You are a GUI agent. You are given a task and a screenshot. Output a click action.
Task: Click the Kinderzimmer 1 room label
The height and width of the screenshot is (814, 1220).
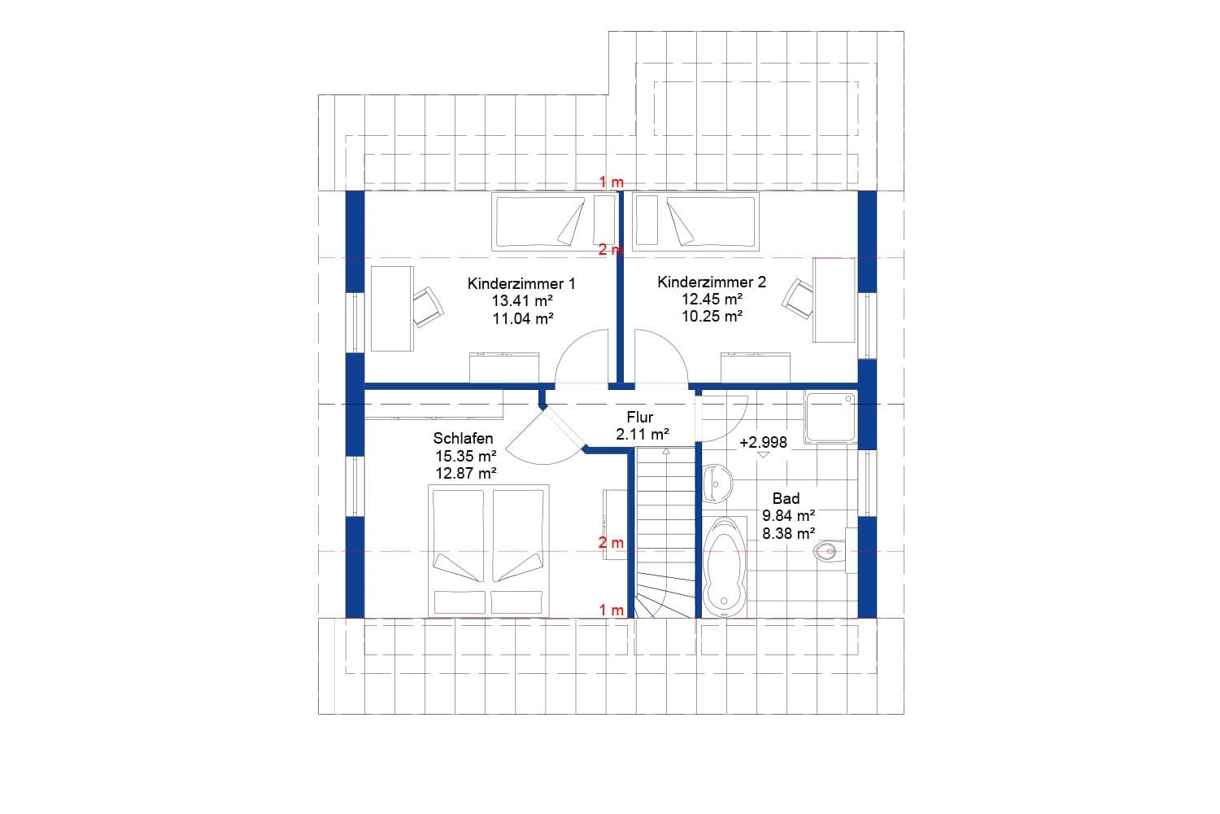tap(521, 283)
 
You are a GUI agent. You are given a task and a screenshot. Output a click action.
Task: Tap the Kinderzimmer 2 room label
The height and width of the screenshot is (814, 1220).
tap(712, 282)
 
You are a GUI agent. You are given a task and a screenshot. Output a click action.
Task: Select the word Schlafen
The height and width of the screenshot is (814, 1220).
tap(463, 438)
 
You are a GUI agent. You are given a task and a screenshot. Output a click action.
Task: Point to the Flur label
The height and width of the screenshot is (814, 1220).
tap(640, 418)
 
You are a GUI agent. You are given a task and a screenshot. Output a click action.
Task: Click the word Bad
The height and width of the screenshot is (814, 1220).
tap(786, 498)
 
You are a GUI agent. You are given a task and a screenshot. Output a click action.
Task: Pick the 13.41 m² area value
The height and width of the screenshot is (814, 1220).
tap(521, 300)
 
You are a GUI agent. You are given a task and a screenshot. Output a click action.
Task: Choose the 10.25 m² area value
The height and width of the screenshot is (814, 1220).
tap(712, 317)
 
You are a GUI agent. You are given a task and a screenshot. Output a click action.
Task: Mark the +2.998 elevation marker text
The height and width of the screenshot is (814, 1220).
tap(763, 443)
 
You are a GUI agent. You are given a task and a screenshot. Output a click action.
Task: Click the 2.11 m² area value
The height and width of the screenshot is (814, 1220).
tap(642, 434)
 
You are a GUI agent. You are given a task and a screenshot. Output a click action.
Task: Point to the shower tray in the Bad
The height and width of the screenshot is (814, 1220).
tap(830, 417)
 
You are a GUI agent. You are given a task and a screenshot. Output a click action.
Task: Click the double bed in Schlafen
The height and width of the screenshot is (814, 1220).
tap(488, 550)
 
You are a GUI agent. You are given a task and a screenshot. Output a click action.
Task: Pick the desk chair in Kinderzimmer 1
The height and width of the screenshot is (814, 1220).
tap(427, 306)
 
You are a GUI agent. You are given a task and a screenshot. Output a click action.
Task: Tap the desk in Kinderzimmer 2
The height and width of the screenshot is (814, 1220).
tap(834, 300)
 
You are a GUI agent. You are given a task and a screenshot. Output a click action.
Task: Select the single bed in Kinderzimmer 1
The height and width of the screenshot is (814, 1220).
tap(539, 221)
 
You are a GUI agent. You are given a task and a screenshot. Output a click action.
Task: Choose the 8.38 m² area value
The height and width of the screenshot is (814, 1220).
tap(788, 534)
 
